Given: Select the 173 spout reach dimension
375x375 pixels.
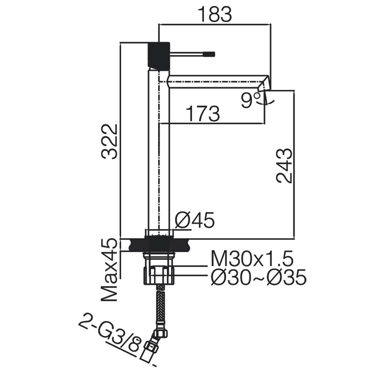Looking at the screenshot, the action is tap(202, 114).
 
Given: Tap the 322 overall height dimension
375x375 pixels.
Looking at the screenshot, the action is tap(109, 142).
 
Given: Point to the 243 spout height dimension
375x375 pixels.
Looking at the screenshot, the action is tap(284, 166).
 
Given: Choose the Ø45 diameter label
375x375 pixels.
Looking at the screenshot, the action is tap(195, 220).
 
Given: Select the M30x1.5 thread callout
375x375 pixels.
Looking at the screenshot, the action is tap(252, 259).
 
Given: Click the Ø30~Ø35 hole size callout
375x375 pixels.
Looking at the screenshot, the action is tap(258, 277).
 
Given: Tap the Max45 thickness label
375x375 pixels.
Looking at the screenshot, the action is tap(109, 270).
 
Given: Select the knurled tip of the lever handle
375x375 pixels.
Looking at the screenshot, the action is tap(209, 54).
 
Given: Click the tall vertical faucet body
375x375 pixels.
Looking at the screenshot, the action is tap(159, 148).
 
